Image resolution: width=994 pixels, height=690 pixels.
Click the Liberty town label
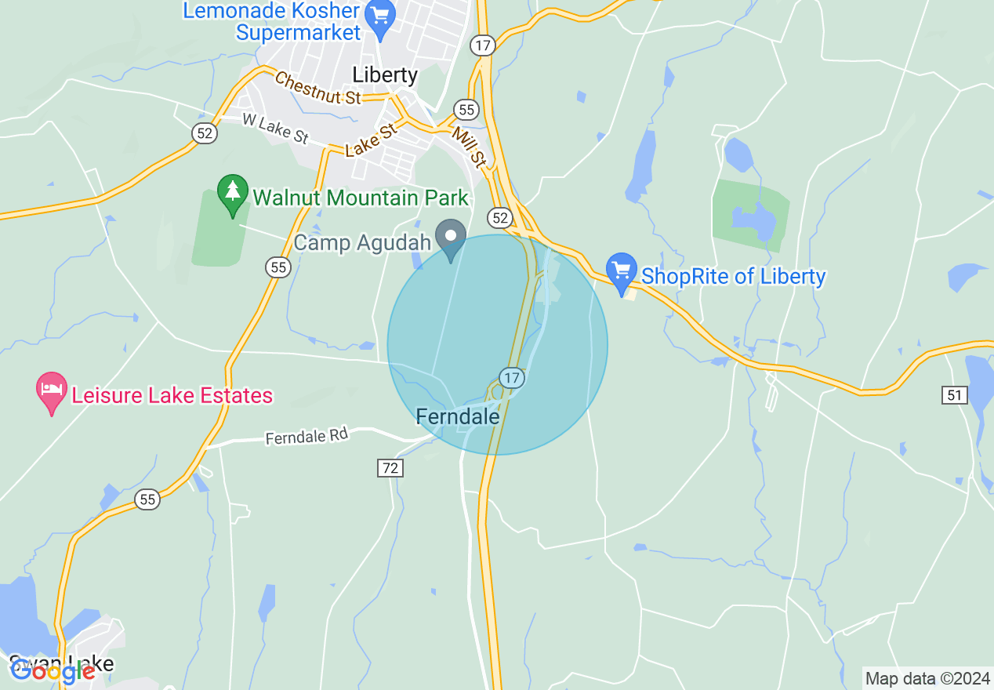tap(385, 74)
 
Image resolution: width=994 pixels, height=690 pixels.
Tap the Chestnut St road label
tap(317, 88)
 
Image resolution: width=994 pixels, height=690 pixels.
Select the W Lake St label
tap(275, 129)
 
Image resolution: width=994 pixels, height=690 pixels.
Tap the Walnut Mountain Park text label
tap(361, 198)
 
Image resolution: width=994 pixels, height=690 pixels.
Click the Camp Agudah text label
tap(362, 242)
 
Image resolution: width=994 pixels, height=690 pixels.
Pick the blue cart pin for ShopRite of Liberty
tap(622, 271)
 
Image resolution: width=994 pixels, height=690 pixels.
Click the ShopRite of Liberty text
tap(733, 276)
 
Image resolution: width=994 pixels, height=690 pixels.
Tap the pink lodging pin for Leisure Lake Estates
tap(52, 391)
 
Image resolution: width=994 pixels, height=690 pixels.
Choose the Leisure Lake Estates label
tap(172, 395)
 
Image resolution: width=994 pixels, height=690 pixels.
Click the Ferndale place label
tap(458, 416)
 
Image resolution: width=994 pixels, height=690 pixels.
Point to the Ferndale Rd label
tap(306, 437)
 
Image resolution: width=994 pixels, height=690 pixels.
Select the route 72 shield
tap(390, 468)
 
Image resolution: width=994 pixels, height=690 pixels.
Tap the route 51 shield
tap(954, 395)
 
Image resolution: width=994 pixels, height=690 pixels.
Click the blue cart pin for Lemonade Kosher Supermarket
tap(381, 19)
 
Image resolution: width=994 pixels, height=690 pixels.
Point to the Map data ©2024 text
tap(927, 678)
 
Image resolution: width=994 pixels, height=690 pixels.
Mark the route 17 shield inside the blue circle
tap(512, 378)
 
